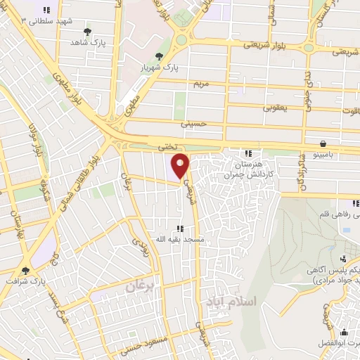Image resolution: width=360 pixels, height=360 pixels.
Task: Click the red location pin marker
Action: coord(181,167)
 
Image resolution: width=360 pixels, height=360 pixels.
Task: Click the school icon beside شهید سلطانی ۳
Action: coord(46,11)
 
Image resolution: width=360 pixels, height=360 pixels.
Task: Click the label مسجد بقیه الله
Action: coord(180,240)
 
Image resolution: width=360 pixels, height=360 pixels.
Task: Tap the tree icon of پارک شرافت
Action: coord(27,270)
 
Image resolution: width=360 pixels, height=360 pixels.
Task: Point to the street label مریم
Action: coord(202,83)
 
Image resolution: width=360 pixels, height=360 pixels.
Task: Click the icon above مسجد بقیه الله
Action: coord(180,229)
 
